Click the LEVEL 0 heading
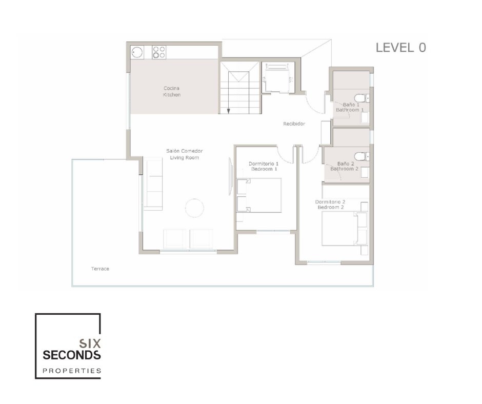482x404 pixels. click(401, 48)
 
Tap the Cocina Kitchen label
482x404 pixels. click(172, 92)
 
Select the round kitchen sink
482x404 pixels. click(137, 52)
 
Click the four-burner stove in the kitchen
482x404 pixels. click(159, 52)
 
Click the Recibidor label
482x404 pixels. click(294, 124)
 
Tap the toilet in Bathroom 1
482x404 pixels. click(361, 98)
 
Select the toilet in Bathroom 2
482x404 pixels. click(361, 156)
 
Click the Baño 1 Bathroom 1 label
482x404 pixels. click(350, 107)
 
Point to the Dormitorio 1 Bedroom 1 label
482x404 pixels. click(263, 166)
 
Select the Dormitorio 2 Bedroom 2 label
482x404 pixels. click(330, 205)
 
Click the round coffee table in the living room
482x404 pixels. click(195, 208)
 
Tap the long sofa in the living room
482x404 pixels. click(153, 185)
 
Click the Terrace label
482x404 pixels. click(100, 269)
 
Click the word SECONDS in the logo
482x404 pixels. click(72, 355)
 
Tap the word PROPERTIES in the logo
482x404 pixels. click(71, 370)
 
